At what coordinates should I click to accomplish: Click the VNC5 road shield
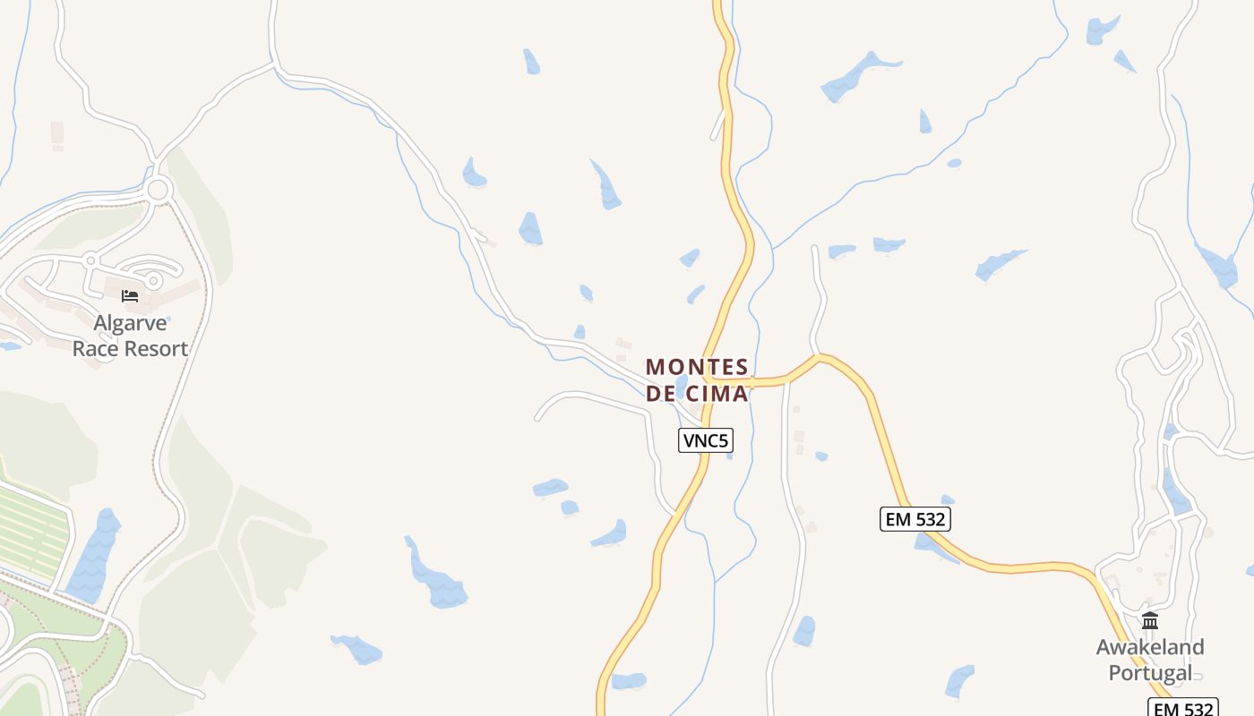pos(706,440)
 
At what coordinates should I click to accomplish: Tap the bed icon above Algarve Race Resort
pos(130,296)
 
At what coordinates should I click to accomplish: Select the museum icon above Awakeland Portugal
pos(1150,620)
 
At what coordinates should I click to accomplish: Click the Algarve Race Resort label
pos(130,336)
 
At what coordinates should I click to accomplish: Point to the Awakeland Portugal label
pos(1150,660)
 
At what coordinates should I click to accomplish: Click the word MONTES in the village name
pos(697,367)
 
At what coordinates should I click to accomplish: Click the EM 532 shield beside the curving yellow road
pos(915,519)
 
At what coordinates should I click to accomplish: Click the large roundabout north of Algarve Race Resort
pos(159,190)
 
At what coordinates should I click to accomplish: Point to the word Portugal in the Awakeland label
pos(1150,673)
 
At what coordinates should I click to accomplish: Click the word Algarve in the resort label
pos(130,323)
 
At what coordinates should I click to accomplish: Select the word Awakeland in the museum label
pos(1150,646)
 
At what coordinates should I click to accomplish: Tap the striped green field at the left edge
pos(31,533)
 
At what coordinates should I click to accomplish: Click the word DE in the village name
pos(659,394)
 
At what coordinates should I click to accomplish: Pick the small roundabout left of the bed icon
pos(90,260)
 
